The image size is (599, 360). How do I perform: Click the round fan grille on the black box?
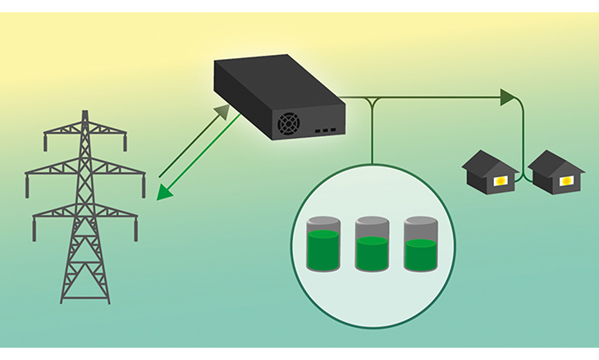289,125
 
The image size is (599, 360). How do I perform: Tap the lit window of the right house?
565,178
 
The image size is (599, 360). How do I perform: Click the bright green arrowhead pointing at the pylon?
163,192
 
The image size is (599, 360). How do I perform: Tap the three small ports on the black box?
326,130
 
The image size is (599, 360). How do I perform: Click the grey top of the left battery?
321,223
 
